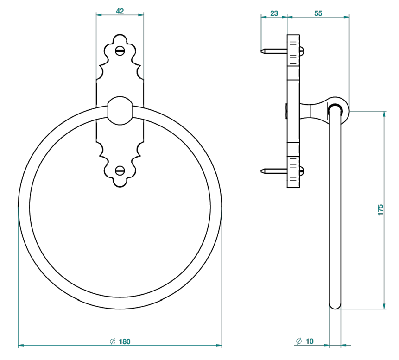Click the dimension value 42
click(120, 11)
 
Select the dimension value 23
click(274, 13)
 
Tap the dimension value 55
click(318, 13)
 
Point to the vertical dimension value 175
click(380, 210)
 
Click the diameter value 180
click(125, 341)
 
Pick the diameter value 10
click(310, 341)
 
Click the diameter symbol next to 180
click(113, 341)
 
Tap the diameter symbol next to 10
click(299, 341)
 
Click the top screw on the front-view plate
click(120, 51)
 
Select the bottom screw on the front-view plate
click(120, 171)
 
